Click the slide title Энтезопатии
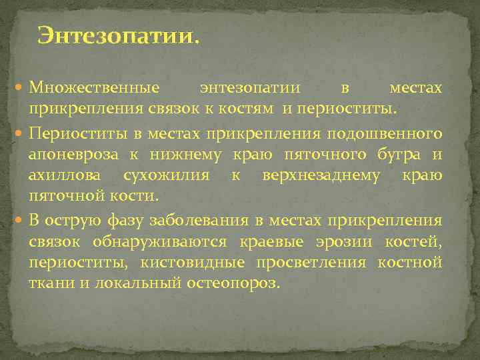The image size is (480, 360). point(118,35)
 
